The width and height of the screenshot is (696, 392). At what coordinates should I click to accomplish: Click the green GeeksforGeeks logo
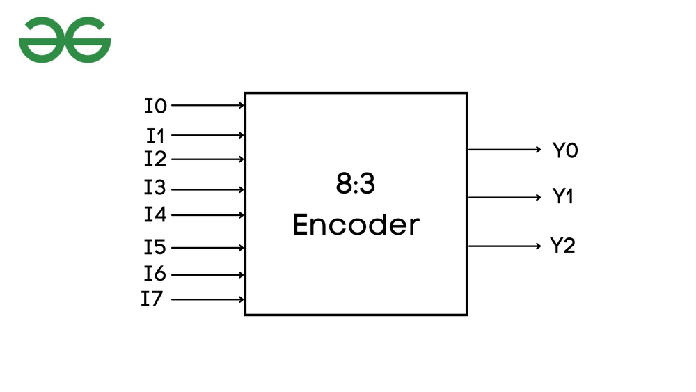click(x=65, y=40)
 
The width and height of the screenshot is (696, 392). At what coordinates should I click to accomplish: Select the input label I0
click(x=156, y=107)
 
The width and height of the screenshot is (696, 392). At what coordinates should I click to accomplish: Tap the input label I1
click(x=156, y=135)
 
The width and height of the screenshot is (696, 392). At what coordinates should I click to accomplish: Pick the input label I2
click(x=156, y=159)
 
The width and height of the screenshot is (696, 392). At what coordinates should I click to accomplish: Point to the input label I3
click(x=156, y=189)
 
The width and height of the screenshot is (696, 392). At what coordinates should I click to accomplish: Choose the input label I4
click(x=156, y=214)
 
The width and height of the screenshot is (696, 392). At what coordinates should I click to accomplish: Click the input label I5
click(x=156, y=247)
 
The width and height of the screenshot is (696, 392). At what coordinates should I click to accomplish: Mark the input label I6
click(x=156, y=274)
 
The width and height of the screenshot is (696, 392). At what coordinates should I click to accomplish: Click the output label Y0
click(x=565, y=150)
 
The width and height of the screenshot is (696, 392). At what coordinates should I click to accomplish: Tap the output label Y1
click(x=563, y=198)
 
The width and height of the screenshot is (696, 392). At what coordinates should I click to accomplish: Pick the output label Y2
click(x=563, y=246)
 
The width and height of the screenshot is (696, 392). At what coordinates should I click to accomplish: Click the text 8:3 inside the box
click(x=356, y=187)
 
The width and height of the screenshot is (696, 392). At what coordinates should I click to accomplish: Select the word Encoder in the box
click(x=356, y=225)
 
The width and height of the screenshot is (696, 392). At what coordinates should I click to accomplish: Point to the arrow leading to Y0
click(x=505, y=150)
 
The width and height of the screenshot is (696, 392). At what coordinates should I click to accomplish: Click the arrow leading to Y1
click(x=505, y=198)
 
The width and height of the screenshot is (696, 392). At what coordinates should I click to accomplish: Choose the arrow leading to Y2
click(x=505, y=246)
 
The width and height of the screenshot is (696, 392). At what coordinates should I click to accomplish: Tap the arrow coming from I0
click(x=207, y=106)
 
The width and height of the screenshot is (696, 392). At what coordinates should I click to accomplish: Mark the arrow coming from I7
click(x=207, y=300)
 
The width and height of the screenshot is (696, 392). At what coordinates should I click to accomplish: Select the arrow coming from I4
click(x=207, y=214)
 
